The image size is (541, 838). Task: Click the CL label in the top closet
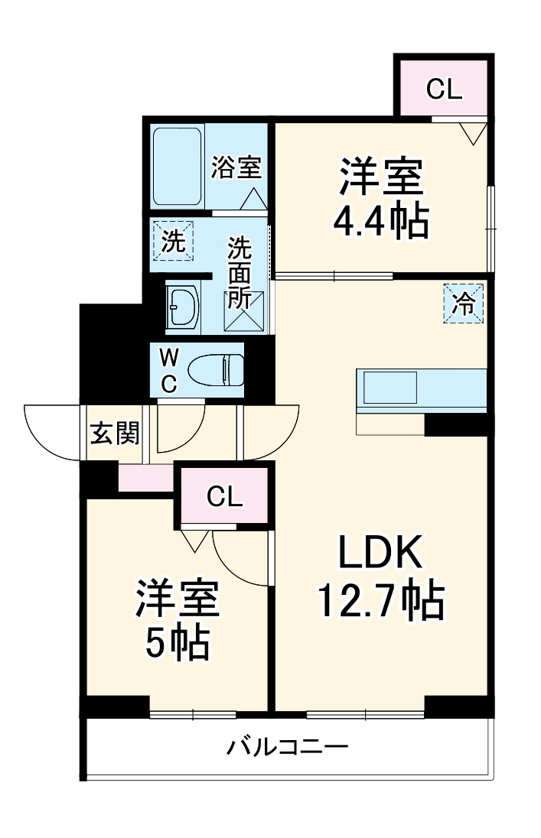click(445, 89)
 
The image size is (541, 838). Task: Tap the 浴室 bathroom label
click(236, 167)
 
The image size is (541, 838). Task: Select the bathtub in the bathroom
click(178, 167)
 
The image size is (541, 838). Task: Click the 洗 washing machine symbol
click(173, 242)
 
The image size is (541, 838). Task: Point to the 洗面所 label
click(240, 273)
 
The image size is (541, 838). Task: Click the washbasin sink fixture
click(183, 307)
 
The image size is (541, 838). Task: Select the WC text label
click(169, 370)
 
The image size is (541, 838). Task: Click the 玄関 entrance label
click(115, 434)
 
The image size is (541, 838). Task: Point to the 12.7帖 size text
click(380, 602)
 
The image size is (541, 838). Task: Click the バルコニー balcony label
click(287, 745)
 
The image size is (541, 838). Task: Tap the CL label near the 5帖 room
click(225, 498)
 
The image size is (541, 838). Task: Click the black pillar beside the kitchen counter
click(456, 424)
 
